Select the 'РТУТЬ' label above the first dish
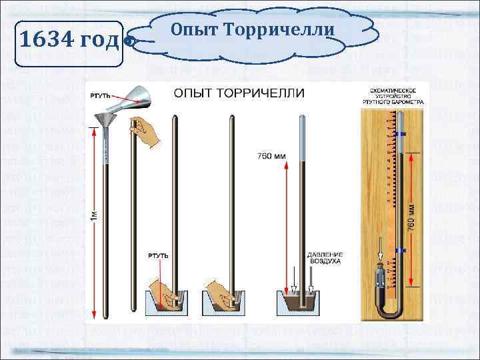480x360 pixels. click(157, 256)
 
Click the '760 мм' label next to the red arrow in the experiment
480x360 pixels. click(271, 157)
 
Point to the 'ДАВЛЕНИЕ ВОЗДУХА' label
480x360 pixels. click(324, 258)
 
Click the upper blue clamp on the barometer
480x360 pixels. click(401, 135)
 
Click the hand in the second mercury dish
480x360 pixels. click(221, 291)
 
